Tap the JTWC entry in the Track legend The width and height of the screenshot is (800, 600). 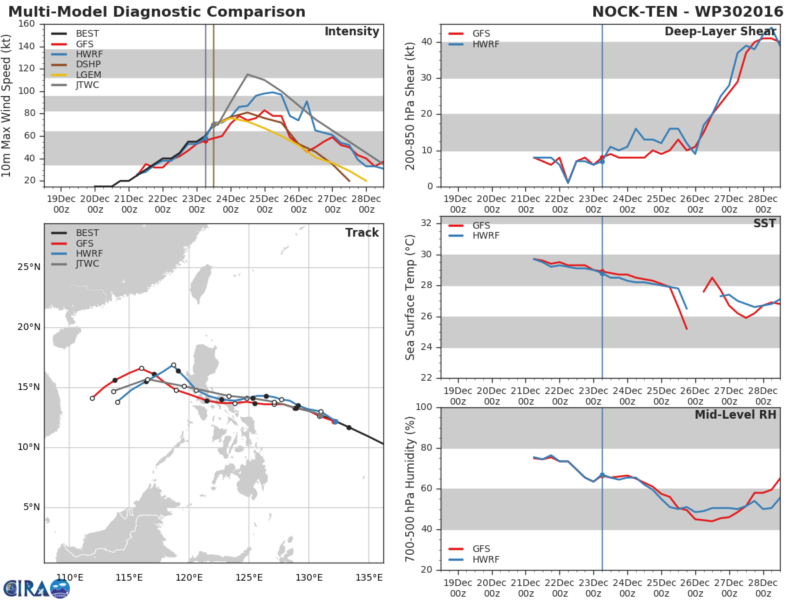click(87, 264)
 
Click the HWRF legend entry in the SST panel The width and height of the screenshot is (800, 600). click(485, 236)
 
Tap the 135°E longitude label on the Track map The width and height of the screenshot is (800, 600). click(369, 577)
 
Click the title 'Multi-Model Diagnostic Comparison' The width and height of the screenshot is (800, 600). click(157, 12)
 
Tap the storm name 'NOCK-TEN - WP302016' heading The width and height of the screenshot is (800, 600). click(689, 12)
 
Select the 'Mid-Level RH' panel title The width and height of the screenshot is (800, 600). click(735, 415)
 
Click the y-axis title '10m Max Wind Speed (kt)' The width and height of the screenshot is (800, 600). click(7, 105)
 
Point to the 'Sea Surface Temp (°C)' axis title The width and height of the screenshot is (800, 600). click(411, 297)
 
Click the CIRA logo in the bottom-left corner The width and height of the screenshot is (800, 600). click(37, 588)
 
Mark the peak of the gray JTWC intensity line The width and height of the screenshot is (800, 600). click(247, 74)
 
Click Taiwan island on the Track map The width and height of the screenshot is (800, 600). click(200, 283)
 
